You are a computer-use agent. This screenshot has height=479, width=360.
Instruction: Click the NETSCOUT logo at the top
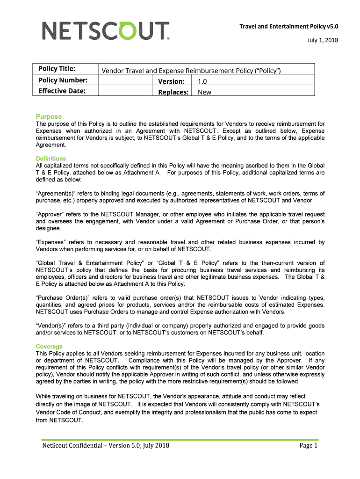point(106,31)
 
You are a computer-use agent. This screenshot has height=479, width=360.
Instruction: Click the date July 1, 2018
point(323,40)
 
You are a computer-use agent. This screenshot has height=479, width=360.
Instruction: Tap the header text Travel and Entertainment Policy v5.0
point(288,26)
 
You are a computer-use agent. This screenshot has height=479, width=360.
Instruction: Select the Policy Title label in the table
point(57,69)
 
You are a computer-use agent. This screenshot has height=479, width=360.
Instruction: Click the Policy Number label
point(63,80)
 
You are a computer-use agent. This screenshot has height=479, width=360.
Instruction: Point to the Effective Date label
point(62,91)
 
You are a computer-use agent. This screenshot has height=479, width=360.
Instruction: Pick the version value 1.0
point(202,81)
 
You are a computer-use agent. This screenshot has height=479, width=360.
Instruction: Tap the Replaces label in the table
point(173,92)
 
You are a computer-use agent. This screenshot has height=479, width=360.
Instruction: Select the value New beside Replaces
point(204,92)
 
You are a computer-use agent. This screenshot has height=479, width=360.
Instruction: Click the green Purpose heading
point(49,116)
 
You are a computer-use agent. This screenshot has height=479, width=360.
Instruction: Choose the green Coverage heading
point(49,347)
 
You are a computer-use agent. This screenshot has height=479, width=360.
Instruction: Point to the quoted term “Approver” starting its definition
point(51,214)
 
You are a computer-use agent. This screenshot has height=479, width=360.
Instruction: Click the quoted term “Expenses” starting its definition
point(52,242)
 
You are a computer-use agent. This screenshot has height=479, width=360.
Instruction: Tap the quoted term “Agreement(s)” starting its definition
point(57,193)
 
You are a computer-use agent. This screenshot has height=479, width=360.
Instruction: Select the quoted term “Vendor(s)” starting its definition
point(53,326)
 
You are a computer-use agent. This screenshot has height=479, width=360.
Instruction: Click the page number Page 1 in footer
point(309,446)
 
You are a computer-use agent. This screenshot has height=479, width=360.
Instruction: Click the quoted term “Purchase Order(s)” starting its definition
point(65,298)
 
